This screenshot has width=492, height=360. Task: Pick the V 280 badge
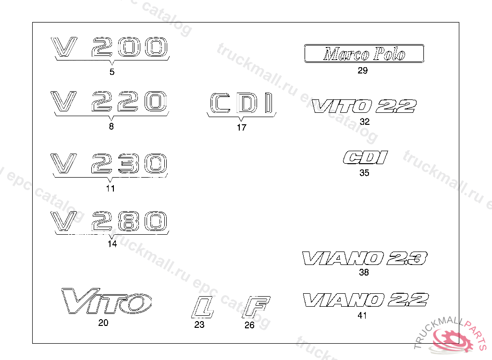tap(111, 220)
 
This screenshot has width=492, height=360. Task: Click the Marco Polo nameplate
tap(364, 54)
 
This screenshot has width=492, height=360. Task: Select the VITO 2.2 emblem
tap(364, 106)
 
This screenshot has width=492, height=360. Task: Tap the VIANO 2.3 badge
tap(364, 258)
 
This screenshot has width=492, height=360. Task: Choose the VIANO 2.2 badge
tap(365, 300)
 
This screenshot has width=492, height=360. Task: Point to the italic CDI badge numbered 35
tap(365, 157)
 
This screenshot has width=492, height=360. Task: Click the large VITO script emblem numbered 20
tap(107, 301)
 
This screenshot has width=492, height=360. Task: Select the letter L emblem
tap(202, 307)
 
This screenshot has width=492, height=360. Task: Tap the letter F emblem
tap(257, 307)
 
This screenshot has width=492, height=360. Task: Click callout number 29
tap(363, 71)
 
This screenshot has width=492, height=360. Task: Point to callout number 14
tap(112, 244)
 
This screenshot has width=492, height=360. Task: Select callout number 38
tap(364, 273)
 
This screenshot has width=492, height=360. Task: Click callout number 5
tap(112, 72)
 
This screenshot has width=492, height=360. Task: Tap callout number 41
tap(362, 315)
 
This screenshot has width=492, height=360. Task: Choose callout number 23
tap(199, 325)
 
